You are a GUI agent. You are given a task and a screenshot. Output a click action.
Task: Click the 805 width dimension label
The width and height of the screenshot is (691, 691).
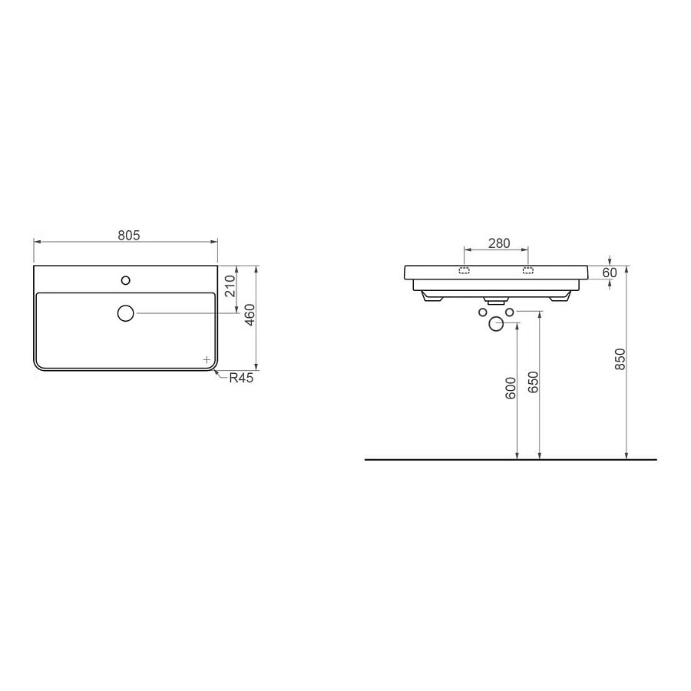coord(129,236)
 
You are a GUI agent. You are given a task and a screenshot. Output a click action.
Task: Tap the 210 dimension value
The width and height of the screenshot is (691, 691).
coord(230,286)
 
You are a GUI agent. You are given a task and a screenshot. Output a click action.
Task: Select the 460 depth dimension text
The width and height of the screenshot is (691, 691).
coord(250,315)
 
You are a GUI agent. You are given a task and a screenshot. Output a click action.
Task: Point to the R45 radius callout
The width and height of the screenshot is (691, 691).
coord(241,378)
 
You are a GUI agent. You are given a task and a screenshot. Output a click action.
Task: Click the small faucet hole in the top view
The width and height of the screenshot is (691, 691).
coord(126,280)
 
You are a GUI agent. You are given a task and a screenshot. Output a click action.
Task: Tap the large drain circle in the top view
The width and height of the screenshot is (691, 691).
coord(126,313)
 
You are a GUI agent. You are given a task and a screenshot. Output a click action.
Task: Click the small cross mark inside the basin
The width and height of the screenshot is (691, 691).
coord(207,359)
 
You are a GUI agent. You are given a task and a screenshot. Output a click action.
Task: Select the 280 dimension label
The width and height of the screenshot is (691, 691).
coord(499,243)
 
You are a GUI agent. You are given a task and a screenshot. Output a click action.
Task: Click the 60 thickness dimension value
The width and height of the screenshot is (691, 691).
coord(610,273)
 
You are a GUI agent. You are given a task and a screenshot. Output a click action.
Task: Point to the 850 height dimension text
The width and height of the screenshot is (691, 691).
coord(620,359)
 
